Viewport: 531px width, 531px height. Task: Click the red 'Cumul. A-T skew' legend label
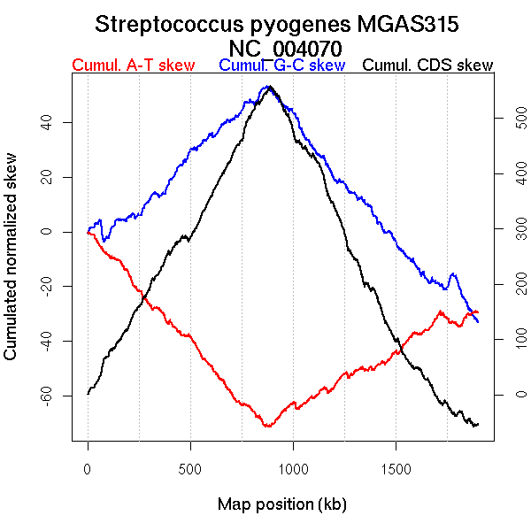133,65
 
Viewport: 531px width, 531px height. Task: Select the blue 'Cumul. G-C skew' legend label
281,65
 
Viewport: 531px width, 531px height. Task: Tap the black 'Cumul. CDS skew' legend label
428,65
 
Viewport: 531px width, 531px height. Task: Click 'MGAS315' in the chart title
412,24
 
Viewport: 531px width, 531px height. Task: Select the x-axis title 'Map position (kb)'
281,504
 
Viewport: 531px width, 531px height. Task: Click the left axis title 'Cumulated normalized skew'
12,267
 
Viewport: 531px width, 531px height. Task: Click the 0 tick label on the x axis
88,466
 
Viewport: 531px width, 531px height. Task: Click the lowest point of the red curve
266,427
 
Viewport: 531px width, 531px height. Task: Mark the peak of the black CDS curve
269,87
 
